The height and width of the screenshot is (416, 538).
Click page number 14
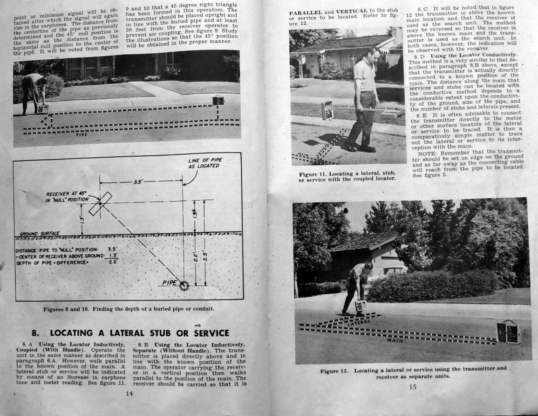129,393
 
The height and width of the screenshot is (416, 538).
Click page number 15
413,386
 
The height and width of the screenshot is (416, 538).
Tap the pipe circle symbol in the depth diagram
184,286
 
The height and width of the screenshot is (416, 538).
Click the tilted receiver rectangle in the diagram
100,203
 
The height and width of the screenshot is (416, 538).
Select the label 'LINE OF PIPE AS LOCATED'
205,163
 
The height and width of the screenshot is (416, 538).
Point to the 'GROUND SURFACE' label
40,233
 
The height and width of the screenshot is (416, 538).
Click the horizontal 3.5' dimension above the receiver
138,182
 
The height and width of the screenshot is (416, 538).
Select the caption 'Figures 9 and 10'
129,309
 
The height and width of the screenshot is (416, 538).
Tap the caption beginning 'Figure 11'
347,176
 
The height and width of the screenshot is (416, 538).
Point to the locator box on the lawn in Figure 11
327,110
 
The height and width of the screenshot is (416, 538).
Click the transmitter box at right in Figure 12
508,332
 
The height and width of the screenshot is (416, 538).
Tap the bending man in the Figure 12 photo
358,287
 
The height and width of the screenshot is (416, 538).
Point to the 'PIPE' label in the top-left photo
81,135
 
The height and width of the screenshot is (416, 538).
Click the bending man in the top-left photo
34,91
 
